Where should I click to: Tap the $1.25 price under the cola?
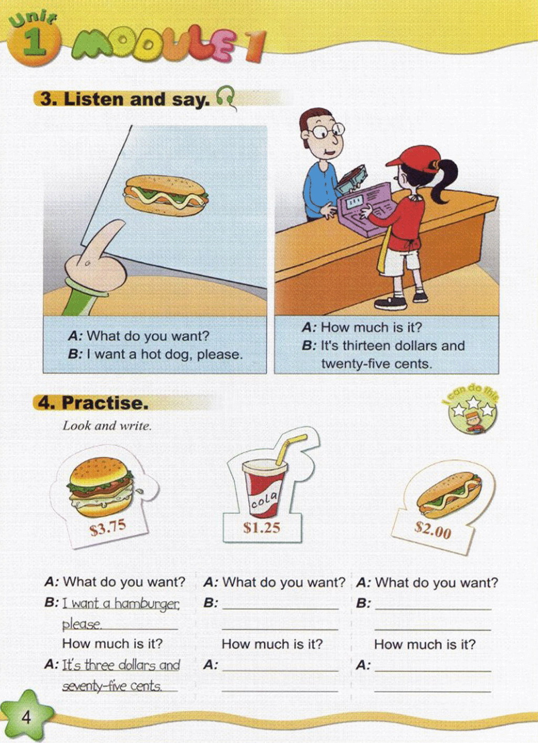pyautogui.click(x=262, y=527)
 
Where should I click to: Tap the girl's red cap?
pyautogui.click(x=415, y=159)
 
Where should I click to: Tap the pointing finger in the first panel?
pyautogui.click(x=99, y=250)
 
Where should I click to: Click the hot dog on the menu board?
pyautogui.click(x=165, y=195)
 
